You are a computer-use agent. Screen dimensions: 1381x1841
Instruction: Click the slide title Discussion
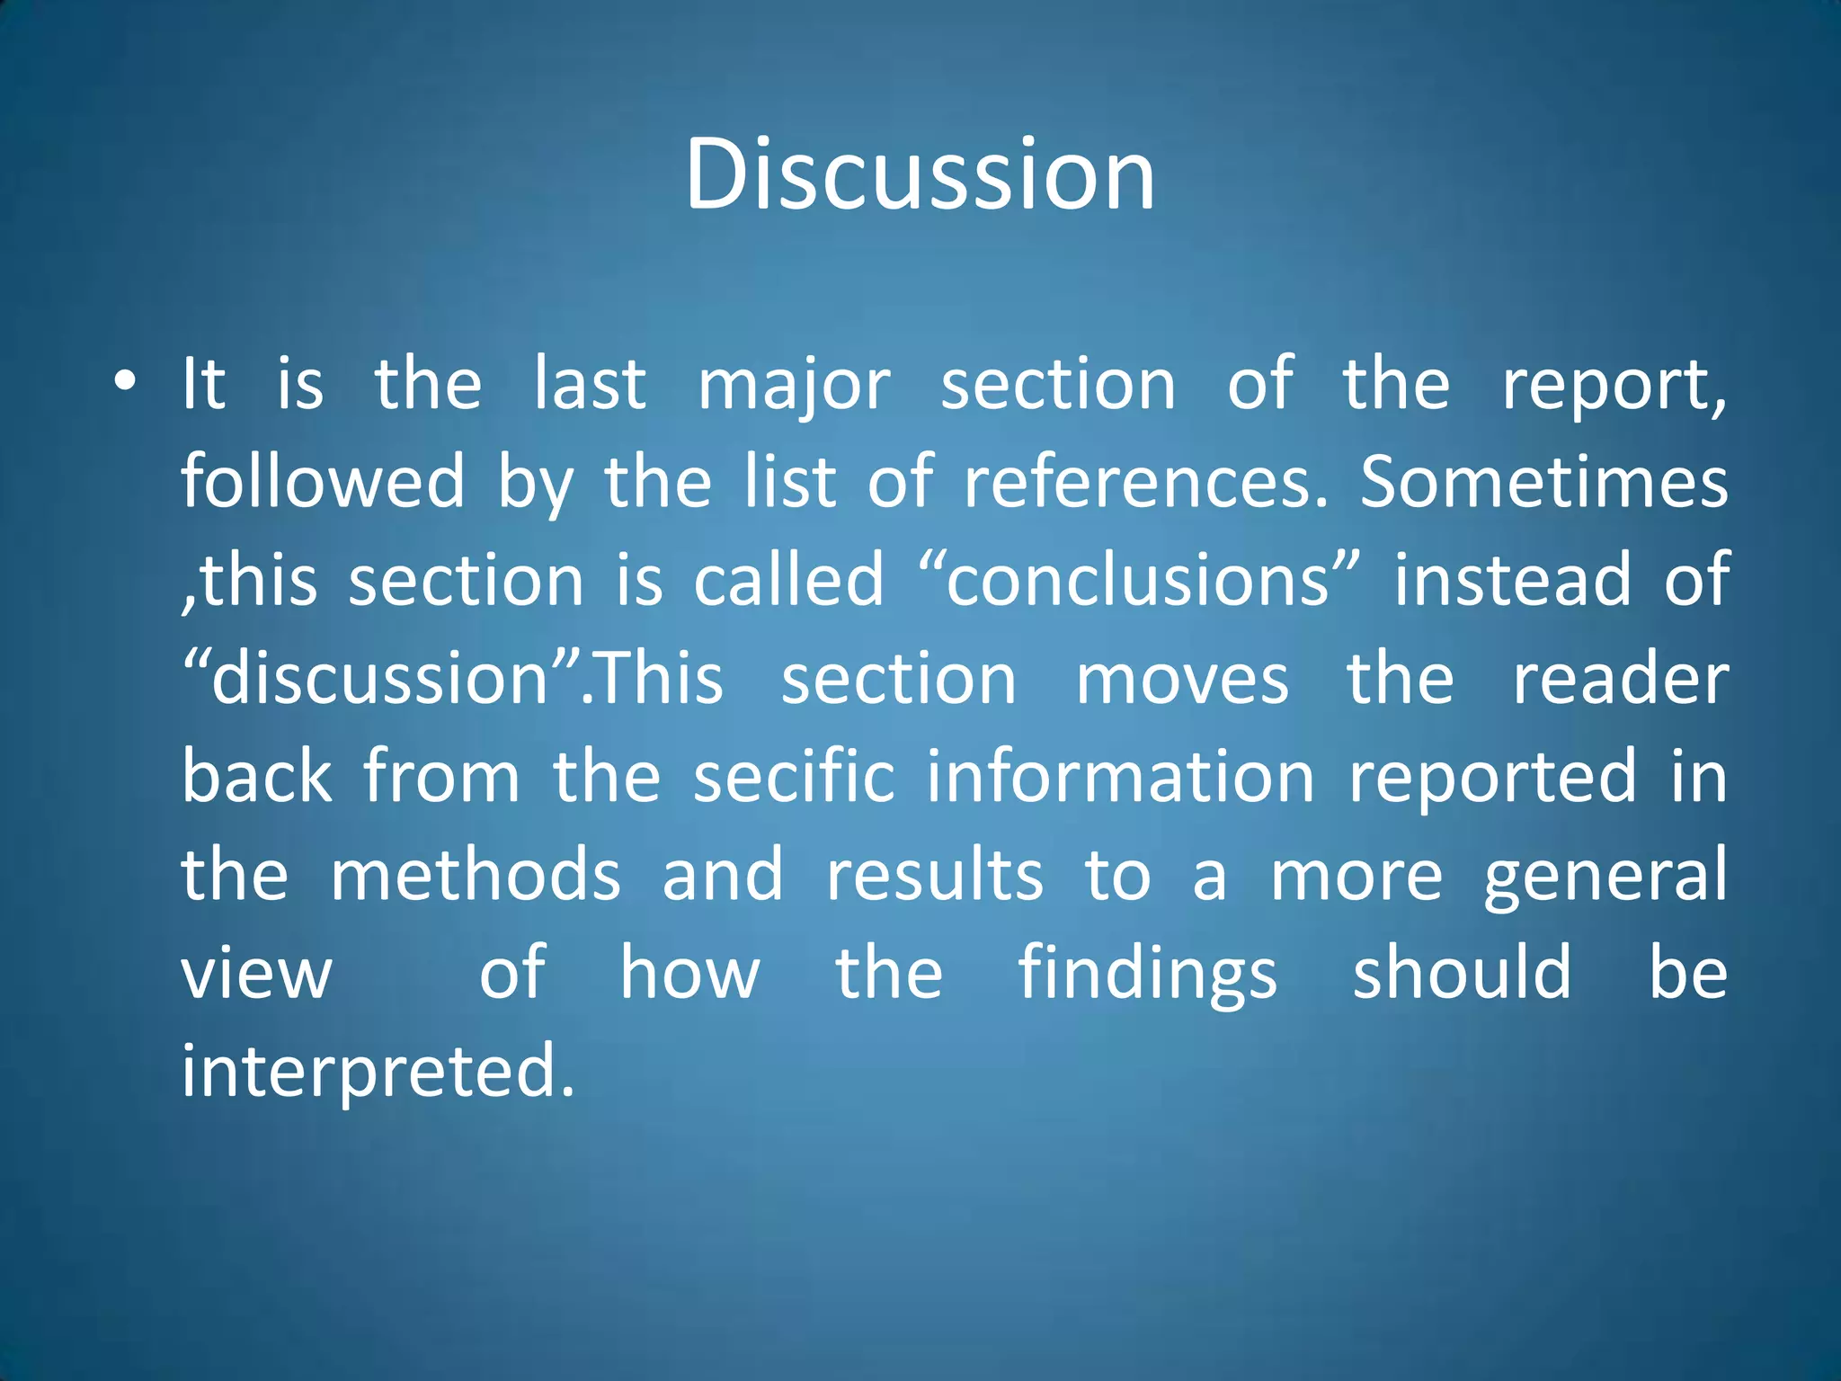click(x=920, y=174)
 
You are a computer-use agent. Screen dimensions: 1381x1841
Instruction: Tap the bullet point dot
click(x=125, y=381)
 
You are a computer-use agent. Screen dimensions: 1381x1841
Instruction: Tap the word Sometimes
click(x=1543, y=483)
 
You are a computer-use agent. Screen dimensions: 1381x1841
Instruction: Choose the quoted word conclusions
click(x=1137, y=581)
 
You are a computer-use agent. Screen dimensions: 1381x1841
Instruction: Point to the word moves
click(x=1181, y=679)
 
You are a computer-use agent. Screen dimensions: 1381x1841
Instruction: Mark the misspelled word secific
click(x=794, y=777)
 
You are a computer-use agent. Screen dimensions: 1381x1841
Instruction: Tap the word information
click(x=1121, y=777)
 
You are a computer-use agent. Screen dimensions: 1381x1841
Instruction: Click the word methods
click(x=476, y=875)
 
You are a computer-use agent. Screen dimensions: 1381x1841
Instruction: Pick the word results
click(x=935, y=875)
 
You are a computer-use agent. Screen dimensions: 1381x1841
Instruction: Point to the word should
click(x=1462, y=973)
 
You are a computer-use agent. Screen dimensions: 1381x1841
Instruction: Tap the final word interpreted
click(x=378, y=1072)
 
